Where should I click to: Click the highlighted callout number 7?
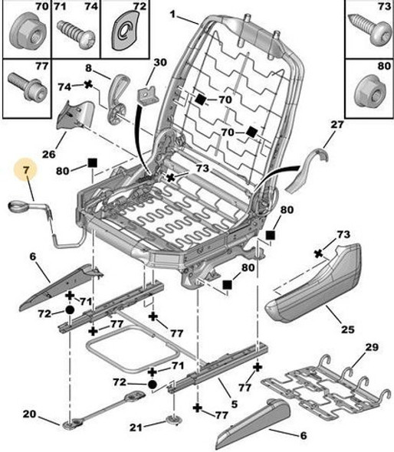click(x=26, y=170)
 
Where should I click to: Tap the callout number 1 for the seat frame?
click(x=172, y=14)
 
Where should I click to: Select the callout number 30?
click(x=160, y=62)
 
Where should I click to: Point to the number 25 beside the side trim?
click(x=347, y=329)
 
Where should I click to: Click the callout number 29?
click(x=372, y=347)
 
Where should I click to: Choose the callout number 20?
click(x=30, y=414)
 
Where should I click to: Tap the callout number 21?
click(x=136, y=427)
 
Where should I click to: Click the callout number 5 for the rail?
click(x=235, y=405)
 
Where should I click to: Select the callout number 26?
click(x=49, y=154)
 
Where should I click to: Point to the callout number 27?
click(x=337, y=125)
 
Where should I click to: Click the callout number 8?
click(x=88, y=68)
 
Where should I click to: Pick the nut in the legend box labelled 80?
click(x=371, y=92)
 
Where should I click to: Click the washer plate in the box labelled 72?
click(x=125, y=31)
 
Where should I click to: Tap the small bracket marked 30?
click(x=148, y=95)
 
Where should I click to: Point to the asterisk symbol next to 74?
click(x=88, y=84)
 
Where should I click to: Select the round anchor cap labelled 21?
click(x=174, y=420)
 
